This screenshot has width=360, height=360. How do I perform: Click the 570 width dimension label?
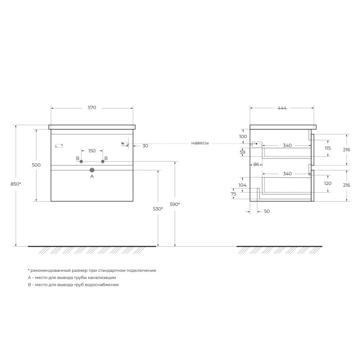point(92,108)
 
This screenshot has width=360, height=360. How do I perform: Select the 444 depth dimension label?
point(282,108)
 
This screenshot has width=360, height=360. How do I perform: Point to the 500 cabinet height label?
point(36,165)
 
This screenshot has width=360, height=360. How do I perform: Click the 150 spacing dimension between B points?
point(92,151)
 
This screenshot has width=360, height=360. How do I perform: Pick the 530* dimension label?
point(158,209)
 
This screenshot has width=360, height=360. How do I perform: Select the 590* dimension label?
point(175,204)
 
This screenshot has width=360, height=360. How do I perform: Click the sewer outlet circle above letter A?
point(92,170)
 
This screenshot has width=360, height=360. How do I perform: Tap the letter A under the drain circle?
point(92,177)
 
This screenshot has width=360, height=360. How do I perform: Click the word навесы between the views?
point(200,143)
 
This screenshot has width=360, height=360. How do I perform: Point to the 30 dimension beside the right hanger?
point(145,146)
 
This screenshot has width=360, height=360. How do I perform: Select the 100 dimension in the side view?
point(243,136)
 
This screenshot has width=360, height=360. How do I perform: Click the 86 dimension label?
point(256,164)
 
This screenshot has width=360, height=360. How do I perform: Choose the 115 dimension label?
point(328,148)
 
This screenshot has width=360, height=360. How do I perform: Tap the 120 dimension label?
point(328,184)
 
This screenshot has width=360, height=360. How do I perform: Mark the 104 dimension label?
point(243,185)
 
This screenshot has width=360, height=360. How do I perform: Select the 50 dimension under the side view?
point(267,211)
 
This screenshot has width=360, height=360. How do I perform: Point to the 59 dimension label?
point(243,153)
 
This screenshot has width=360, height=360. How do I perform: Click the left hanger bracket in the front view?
point(58,146)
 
